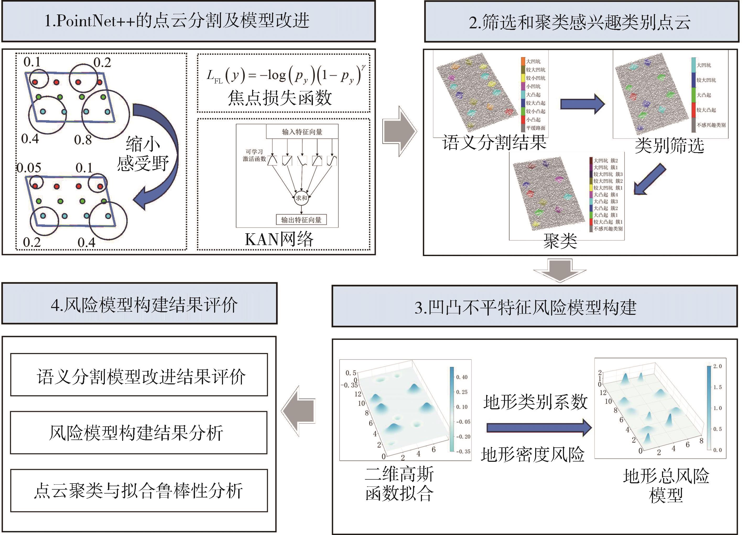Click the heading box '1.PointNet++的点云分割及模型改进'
tap(188, 21)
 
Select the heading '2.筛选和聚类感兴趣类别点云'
tap(582, 22)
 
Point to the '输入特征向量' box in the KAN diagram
tap(302, 131)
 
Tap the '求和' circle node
tap(301, 198)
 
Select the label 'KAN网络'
tap(279, 239)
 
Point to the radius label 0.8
tap(83, 140)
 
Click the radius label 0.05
tap(29, 168)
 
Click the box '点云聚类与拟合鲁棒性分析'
tap(139, 490)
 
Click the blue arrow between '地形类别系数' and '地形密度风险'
tap(539, 427)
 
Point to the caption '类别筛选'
tap(669, 145)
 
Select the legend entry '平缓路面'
tap(536, 128)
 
